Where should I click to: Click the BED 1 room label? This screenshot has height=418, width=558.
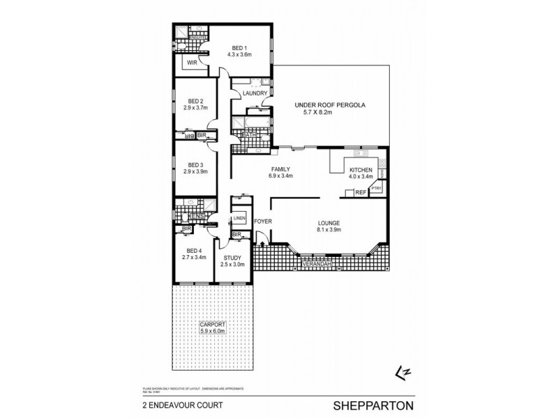239,47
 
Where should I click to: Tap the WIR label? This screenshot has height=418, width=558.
191,63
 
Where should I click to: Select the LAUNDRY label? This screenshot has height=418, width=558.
256,93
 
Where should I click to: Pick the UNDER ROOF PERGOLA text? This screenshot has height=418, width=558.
331,104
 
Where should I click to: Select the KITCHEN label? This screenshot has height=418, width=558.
360,169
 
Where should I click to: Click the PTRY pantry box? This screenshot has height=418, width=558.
376,188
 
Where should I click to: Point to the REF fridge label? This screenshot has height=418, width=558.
360,192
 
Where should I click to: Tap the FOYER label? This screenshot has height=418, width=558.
262,222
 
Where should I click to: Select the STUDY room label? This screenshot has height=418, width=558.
232,257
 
